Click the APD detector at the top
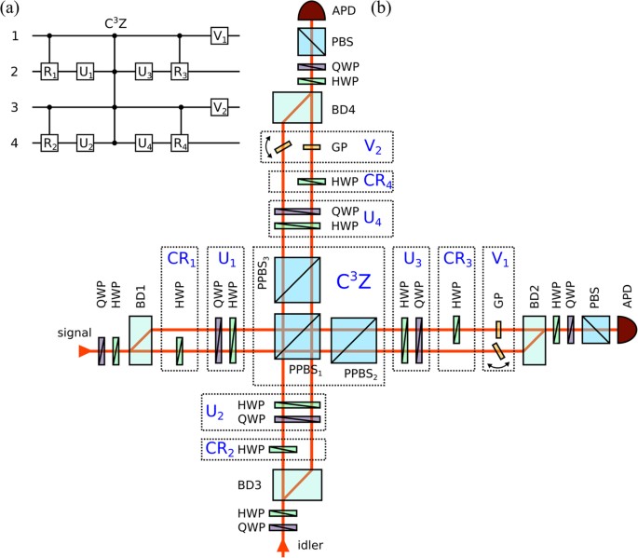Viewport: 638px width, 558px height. (x=298, y=10)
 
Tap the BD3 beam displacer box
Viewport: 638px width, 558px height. (x=298, y=484)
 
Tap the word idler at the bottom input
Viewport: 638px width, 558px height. (x=326, y=545)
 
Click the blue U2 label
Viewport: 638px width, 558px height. (x=217, y=410)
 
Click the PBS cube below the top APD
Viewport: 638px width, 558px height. (x=298, y=43)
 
